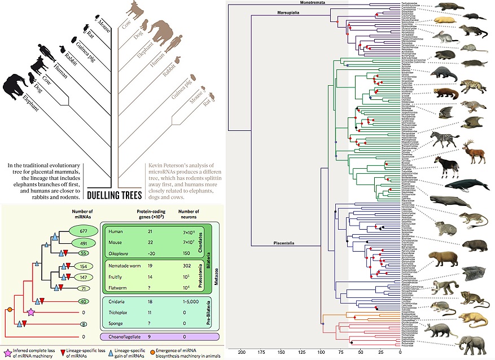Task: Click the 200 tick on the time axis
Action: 242,352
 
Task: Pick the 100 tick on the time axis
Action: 321,352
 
